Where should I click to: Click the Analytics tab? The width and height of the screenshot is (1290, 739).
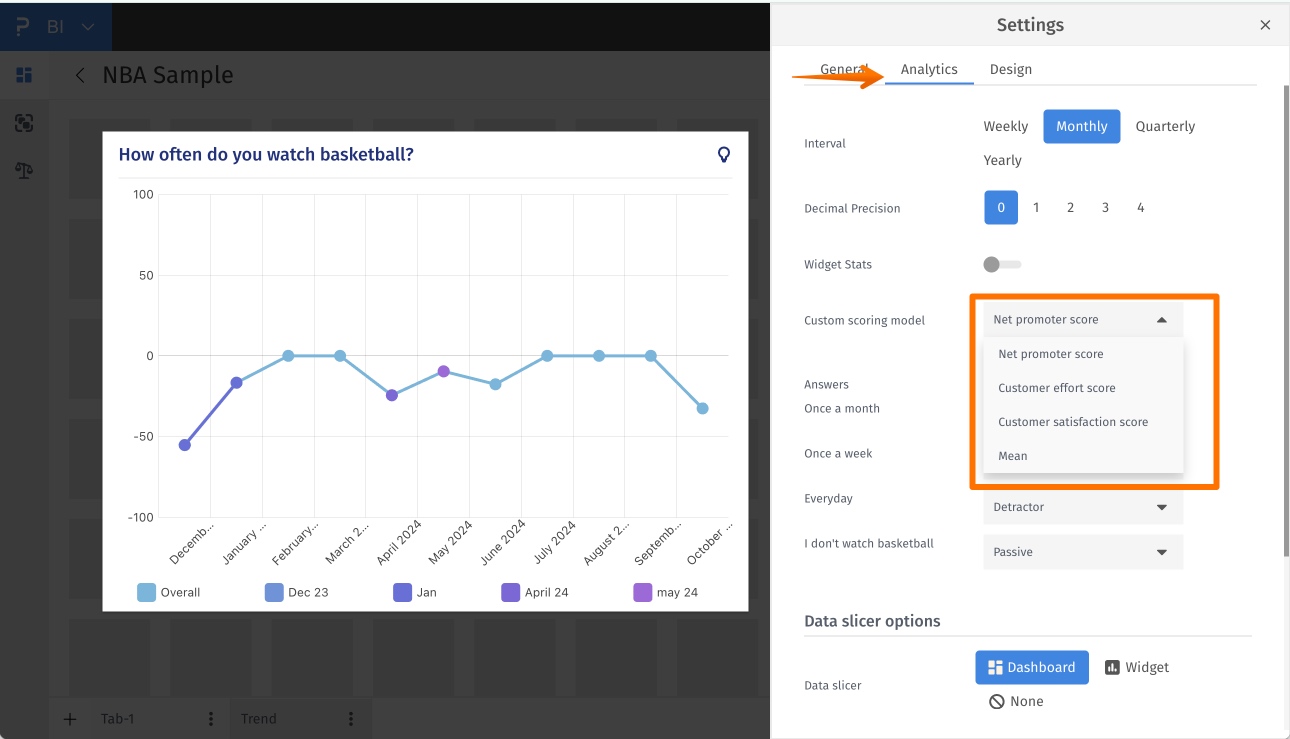pos(929,69)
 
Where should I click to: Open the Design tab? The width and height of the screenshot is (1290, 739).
pos(1010,69)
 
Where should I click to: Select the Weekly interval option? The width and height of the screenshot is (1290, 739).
pos(1005,126)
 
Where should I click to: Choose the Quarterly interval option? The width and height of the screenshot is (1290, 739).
pos(1165,126)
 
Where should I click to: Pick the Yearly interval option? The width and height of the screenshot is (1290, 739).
pos(1002,160)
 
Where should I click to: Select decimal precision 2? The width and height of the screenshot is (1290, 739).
pos(1070,208)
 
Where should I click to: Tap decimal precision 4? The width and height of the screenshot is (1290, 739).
pos(1140,208)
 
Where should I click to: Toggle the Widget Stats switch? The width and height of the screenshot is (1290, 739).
pos(1001,264)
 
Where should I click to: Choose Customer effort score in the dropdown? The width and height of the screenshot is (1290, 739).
pos(1056,388)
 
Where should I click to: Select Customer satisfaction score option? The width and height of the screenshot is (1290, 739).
pos(1072,422)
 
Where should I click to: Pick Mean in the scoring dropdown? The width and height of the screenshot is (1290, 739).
pos(1012,456)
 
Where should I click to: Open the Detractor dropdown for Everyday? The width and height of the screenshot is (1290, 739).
pos(1082,507)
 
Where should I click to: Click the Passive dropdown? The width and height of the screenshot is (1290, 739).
pos(1082,552)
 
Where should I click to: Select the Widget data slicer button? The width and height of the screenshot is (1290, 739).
pos(1137,667)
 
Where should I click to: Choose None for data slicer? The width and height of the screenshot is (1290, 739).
pos(1016,701)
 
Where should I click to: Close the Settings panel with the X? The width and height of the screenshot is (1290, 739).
pos(1265,25)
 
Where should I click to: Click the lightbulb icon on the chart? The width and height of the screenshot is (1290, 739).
pos(724,154)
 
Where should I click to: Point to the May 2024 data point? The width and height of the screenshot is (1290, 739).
pos(443,371)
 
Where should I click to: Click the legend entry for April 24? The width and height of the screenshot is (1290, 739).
pos(535,592)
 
